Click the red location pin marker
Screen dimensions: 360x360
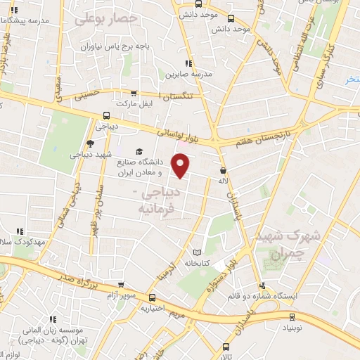(x=181, y=165)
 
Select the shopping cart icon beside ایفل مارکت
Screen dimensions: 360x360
(x=134, y=93)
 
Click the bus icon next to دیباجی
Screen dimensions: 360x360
(x=105, y=116)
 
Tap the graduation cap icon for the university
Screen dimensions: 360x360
(x=139, y=152)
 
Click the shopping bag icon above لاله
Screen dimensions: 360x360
(x=224, y=169)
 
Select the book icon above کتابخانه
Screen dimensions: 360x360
(x=197, y=252)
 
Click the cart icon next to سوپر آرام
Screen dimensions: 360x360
(x=122, y=285)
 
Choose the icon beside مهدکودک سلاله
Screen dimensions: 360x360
(x=19, y=231)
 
